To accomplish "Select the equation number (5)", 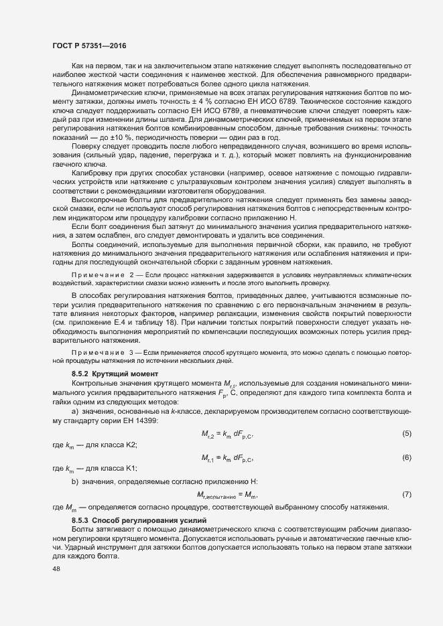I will click(x=406, y=435).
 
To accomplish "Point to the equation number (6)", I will click(x=406, y=458).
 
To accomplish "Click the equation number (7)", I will click(x=406, y=495).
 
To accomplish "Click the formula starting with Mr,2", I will click(x=228, y=435).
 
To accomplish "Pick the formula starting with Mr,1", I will click(x=228, y=458).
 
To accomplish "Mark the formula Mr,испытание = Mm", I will click(x=227, y=495).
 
